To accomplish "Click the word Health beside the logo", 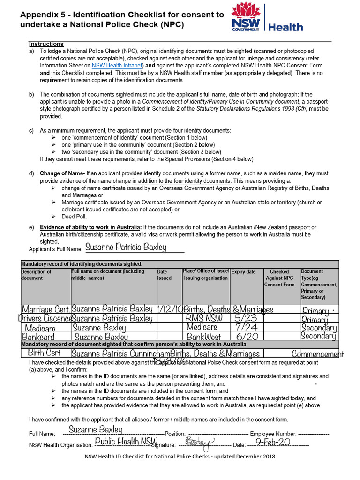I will point(285,27).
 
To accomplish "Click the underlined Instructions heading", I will point(46,44).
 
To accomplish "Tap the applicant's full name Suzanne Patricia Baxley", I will point(127,247).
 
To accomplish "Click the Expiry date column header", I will point(244,272).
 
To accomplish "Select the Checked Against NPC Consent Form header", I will point(279,278).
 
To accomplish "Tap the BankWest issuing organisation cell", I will point(204,337).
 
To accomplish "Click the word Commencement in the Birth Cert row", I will point(317,354).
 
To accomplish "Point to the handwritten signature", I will point(199,443).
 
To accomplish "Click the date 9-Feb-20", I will point(275,442).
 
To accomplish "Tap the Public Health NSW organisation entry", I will point(126,441).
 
